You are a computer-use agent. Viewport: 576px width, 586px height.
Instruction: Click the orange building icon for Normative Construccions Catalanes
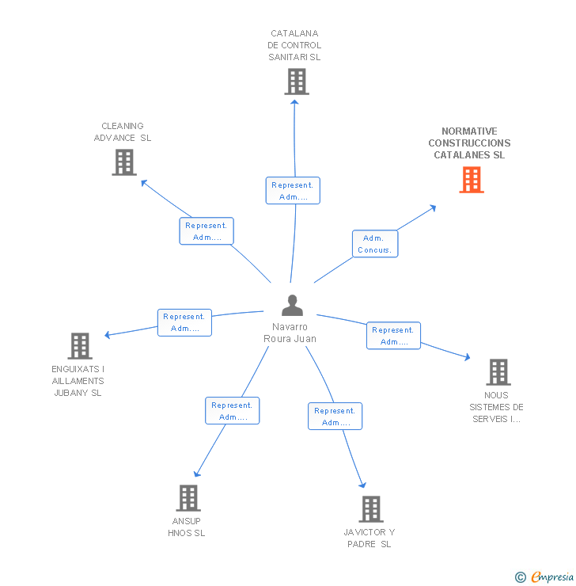(x=472, y=180)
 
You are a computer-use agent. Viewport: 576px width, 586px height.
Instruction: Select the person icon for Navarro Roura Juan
(x=292, y=305)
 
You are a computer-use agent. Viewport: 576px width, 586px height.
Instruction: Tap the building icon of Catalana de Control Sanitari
(x=297, y=82)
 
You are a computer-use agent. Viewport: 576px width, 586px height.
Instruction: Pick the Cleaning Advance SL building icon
(x=124, y=162)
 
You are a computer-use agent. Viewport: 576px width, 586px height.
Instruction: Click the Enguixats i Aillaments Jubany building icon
(x=80, y=346)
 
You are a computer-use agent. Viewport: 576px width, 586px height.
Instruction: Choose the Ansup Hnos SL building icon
(x=188, y=498)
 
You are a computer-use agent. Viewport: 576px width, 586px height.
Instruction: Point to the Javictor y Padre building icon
(x=370, y=509)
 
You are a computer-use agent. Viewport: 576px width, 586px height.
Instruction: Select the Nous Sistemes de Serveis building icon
(x=498, y=371)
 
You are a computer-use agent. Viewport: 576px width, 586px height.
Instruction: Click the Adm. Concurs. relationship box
(x=374, y=244)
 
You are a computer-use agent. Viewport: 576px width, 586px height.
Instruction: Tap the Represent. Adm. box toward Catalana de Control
(x=293, y=191)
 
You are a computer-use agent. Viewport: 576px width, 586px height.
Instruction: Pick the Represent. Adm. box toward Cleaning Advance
(x=207, y=231)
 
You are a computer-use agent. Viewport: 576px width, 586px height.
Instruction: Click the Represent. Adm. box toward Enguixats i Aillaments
(x=184, y=322)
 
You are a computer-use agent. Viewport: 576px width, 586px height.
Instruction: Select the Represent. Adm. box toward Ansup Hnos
(x=233, y=411)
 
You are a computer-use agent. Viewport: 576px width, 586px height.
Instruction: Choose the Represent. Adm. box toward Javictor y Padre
(x=335, y=417)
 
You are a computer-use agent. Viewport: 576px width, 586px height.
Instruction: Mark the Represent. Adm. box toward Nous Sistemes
(x=393, y=336)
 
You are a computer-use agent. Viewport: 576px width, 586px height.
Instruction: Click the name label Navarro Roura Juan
(x=290, y=333)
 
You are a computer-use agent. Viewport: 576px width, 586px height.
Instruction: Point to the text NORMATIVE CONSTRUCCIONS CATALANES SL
(x=469, y=143)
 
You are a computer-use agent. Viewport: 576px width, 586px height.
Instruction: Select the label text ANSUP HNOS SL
(x=187, y=527)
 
